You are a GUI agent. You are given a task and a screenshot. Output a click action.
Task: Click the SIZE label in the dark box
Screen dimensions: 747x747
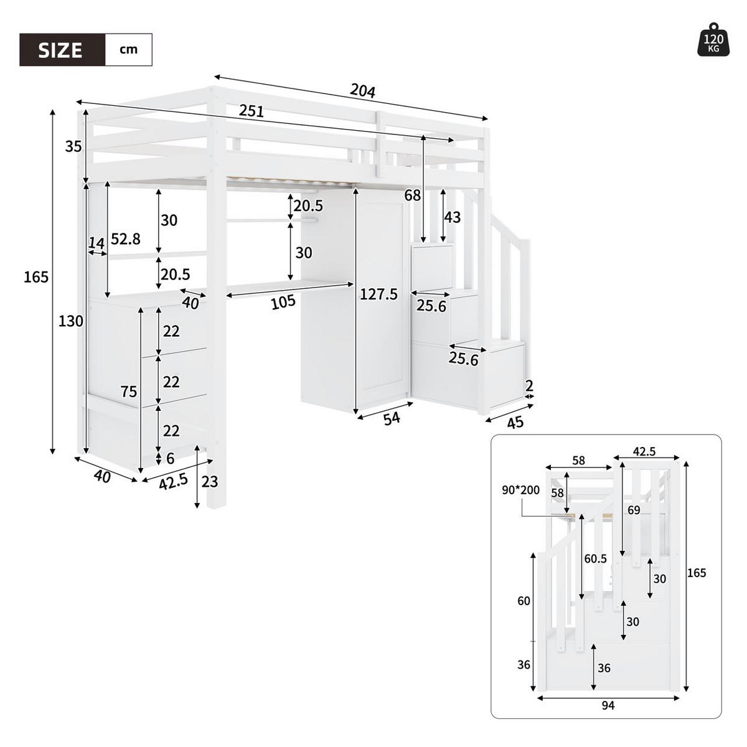60,50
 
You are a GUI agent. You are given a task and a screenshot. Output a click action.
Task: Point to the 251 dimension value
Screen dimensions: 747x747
251,111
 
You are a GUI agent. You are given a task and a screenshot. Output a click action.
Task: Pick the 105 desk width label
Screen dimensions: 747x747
283,303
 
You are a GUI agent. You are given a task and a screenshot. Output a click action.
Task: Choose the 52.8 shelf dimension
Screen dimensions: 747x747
126,238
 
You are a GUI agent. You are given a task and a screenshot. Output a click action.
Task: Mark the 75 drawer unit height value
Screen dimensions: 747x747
129,392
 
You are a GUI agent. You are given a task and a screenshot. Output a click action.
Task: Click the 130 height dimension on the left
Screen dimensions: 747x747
71,321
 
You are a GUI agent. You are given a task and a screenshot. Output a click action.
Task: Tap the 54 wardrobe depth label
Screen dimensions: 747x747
391,419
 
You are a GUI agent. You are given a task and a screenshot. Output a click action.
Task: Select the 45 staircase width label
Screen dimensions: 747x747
515,423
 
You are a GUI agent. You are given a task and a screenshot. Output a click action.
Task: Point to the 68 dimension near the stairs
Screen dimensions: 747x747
412,195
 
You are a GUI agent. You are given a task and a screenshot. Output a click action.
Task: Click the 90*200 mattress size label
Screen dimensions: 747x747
521,490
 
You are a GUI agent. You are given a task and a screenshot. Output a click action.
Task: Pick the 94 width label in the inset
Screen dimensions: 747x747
608,705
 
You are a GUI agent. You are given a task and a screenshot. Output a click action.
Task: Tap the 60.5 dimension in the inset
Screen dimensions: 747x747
595,559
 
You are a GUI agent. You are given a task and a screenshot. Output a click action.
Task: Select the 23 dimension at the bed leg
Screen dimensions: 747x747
210,481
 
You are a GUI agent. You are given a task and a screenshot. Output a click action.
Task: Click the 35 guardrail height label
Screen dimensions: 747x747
73,147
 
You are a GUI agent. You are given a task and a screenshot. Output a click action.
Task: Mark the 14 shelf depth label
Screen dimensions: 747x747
96,243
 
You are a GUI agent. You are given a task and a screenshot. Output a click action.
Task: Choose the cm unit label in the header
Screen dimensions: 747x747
128,50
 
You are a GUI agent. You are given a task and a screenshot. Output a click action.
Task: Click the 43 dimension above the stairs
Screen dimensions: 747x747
453,217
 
